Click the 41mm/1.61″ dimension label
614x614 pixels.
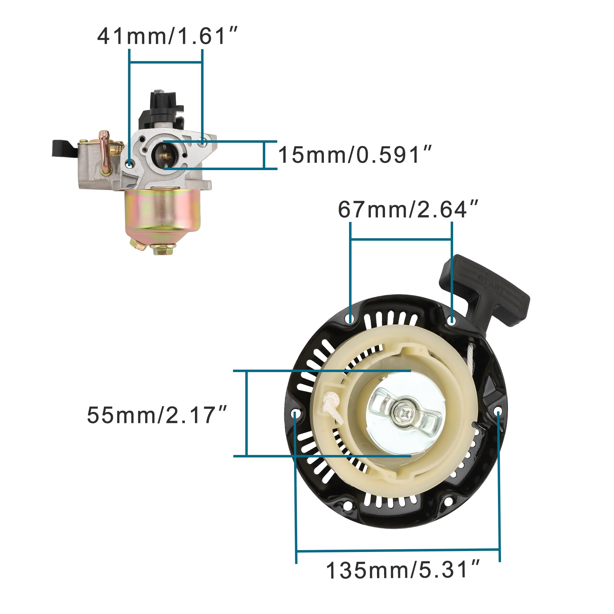point(167,36)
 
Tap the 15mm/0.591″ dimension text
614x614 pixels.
point(355,155)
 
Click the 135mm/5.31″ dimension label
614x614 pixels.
point(403,570)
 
